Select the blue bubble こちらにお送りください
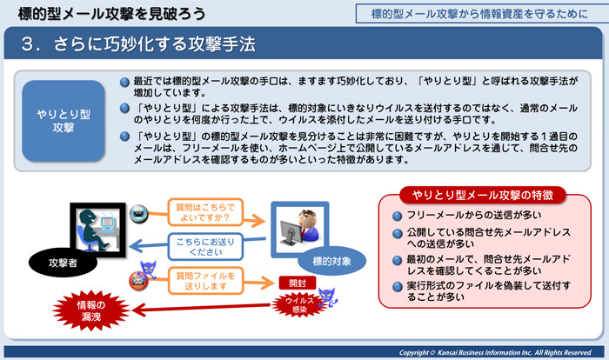coord(206,246)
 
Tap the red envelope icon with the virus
coord(137,280)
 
